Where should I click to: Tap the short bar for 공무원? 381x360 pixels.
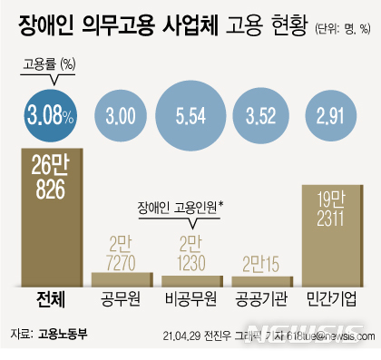pyautogui.click(x=121, y=278)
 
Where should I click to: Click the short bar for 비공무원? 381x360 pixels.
pyautogui.click(x=191, y=279)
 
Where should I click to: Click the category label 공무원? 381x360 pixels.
pyautogui.click(x=121, y=299)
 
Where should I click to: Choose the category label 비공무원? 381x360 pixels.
pyautogui.click(x=191, y=299)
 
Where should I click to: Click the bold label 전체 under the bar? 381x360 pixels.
pyautogui.click(x=51, y=299)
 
